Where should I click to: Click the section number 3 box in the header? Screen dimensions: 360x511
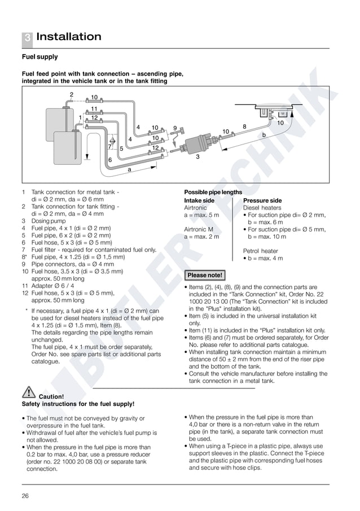[27, 38]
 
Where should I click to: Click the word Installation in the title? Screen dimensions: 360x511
[69, 37]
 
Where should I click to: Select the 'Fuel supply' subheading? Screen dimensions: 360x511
[39, 57]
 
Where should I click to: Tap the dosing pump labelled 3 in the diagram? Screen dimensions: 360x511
[197, 143]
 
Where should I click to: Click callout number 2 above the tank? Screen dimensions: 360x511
[72, 94]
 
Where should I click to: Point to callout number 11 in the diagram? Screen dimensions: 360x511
[94, 108]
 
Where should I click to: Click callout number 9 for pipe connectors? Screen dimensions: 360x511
[175, 128]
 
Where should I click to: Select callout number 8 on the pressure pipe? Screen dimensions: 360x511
[244, 127]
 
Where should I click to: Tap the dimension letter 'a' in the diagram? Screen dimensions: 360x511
[130, 169]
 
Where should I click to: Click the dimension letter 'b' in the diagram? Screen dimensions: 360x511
[264, 135]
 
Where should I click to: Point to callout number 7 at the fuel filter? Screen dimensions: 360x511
[109, 147]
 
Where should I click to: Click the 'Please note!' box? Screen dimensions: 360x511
[205, 276]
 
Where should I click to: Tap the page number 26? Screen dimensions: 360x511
[25, 496]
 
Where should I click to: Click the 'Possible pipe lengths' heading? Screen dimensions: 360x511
[213, 193]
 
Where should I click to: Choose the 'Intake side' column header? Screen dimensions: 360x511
[199, 200]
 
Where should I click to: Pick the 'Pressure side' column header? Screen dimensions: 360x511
[262, 200]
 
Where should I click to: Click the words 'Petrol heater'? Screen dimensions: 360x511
[260, 251]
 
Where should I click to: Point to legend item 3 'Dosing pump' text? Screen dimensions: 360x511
[49, 221]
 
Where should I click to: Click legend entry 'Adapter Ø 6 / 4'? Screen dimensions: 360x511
[56, 286]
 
